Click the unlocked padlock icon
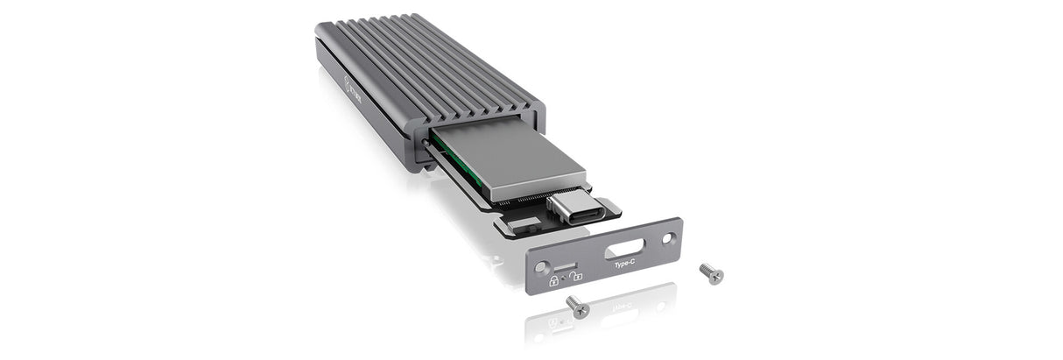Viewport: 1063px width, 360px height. point(578,279)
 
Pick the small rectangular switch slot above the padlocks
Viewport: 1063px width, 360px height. point(565,265)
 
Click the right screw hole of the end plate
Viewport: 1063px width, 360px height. point(668,236)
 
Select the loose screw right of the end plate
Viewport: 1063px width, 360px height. point(712,274)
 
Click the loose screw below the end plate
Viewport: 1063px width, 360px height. point(578,306)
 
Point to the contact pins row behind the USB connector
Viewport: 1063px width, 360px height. point(525,207)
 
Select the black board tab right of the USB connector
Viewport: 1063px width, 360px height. point(609,208)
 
